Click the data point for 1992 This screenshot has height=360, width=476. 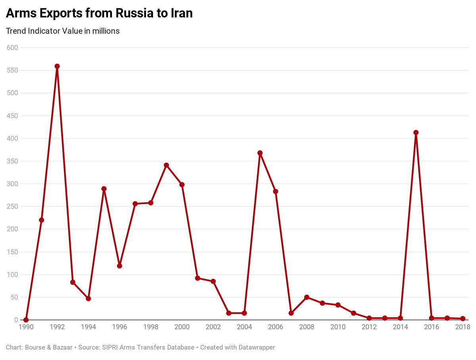(57, 66)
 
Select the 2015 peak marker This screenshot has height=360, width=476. (416, 133)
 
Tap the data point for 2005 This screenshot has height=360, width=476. (260, 153)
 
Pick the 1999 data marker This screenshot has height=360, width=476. (166, 165)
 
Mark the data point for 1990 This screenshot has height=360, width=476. (26, 320)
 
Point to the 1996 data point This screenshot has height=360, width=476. (119, 266)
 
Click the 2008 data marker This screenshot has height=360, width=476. (307, 297)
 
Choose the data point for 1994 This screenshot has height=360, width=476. (88, 298)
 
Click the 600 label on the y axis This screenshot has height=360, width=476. (13, 48)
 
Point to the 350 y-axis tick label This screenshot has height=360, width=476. (13, 161)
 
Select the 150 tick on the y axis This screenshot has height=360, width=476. (13, 252)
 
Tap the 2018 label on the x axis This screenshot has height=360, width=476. (463, 327)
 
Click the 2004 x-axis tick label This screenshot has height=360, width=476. (244, 327)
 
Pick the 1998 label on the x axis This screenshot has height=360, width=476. (151, 327)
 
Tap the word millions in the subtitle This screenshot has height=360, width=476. (106, 31)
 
